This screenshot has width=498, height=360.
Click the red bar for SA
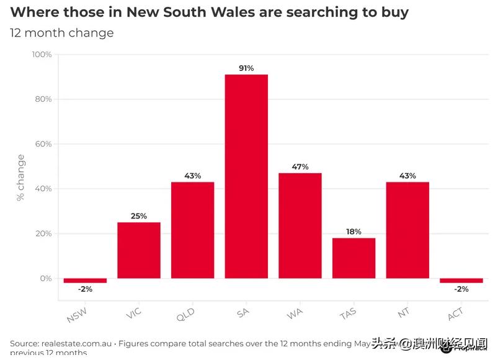tap(246, 176)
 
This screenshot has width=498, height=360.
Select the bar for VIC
tap(139, 250)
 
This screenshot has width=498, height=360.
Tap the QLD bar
tap(192, 230)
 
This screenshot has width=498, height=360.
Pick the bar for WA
tap(300, 225)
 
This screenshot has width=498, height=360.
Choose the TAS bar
tap(353, 258)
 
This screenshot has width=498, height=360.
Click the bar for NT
tap(407, 230)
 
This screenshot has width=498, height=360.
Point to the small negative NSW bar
tap(85, 281)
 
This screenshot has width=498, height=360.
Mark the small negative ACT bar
tap(461, 281)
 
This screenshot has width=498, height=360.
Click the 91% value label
tap(246, 68)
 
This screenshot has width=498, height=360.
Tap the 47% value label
tap(300, 167)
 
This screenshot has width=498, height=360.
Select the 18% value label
tap(353, 232)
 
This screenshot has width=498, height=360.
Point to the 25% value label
tap(139, 216)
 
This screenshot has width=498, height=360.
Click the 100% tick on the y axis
tap(42, 55)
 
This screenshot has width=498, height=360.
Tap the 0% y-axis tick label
tap(46, 279)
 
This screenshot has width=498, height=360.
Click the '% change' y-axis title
tap(22, 178)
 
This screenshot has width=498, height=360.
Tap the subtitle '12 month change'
tap(61, 33)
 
